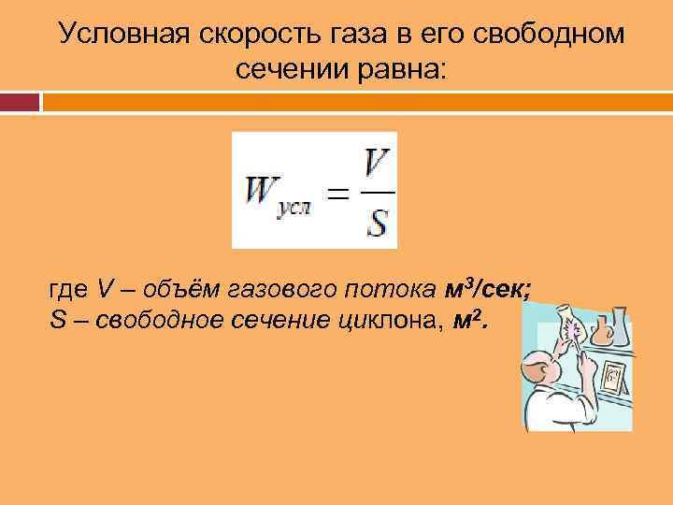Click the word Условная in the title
122,34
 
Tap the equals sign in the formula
338,195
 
